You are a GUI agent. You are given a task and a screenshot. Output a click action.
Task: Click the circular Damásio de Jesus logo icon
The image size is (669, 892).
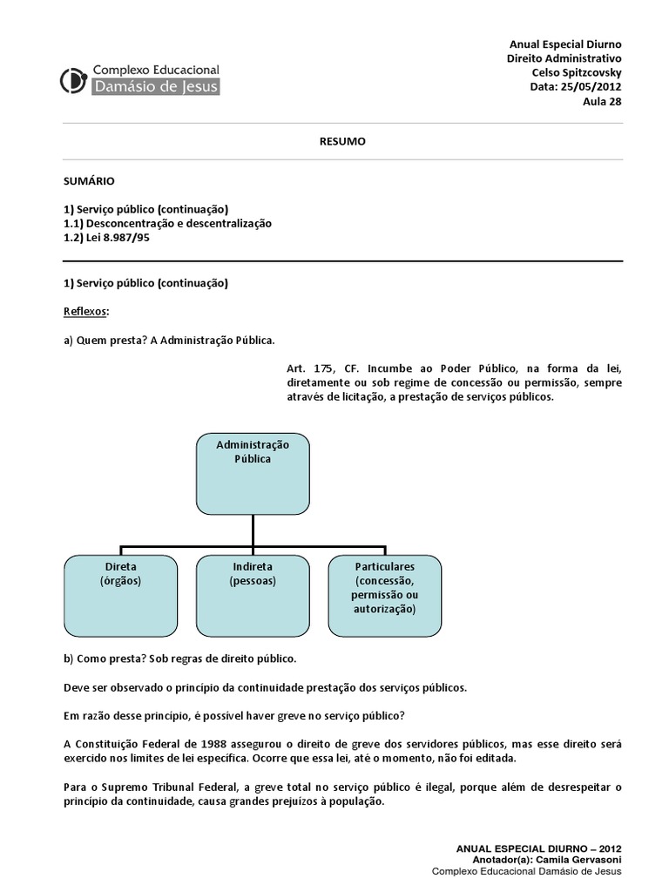[x=73, y=79]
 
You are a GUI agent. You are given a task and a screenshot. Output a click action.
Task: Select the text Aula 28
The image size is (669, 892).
[x=602, y=101]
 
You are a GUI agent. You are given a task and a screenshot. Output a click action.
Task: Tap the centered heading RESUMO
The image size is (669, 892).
[x=342, y=141]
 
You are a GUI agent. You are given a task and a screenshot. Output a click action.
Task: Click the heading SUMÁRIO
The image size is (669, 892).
[x=89, y=181]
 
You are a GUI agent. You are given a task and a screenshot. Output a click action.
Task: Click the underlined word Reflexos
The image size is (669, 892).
[x=86, y=312]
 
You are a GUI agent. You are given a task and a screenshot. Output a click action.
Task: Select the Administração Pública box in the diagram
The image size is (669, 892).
[x=253, y=473]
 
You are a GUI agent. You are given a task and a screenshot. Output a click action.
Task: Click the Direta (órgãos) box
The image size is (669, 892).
[x=120, y=596]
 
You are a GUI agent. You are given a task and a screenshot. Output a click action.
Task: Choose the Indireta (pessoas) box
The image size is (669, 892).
[x=253, y=596]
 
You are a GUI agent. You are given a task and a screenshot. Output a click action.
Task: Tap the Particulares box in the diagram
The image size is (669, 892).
[x=384, y=596]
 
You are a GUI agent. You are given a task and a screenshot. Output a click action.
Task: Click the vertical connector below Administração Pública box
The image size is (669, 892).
[x=253, y=530]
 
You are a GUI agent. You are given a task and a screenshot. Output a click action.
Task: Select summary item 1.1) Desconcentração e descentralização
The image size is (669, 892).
[x=168, y=223]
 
